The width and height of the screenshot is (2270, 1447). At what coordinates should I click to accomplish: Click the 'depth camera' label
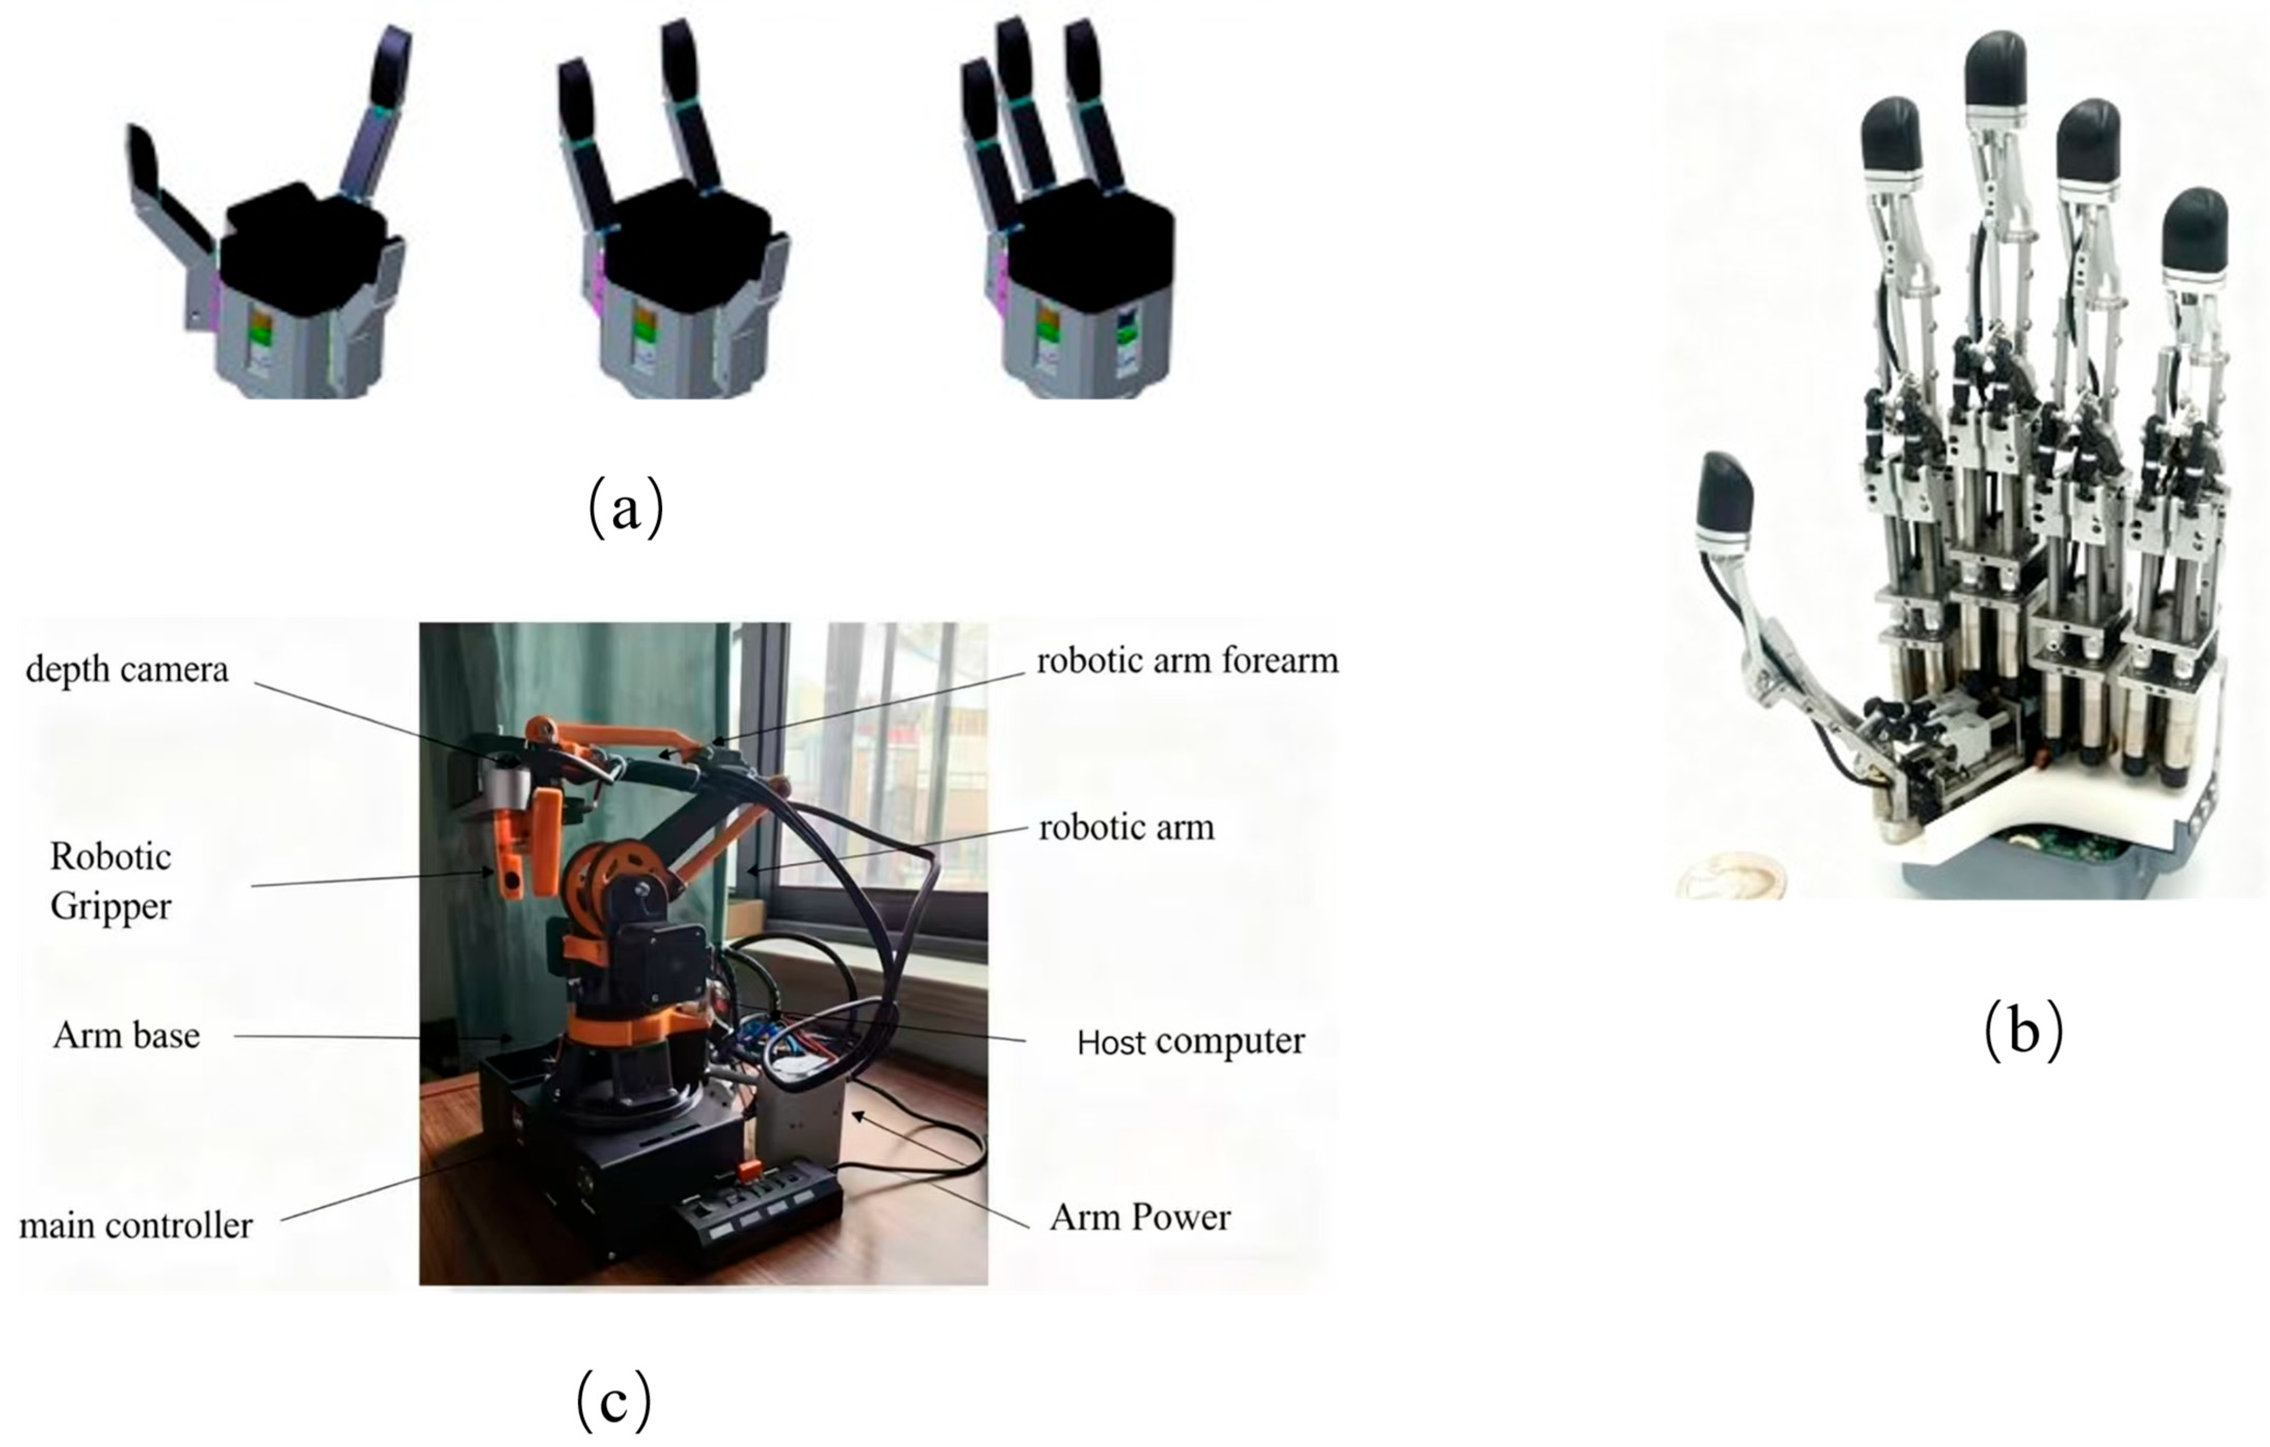click(127, 670)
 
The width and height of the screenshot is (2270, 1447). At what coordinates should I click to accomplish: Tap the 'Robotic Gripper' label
click(111, 881)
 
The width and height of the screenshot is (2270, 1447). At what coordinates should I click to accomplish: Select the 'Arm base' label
click(126, 1035)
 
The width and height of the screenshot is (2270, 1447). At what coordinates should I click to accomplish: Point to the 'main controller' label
click(136, 1226)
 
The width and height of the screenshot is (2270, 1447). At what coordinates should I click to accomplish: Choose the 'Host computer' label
click(1191, 1041)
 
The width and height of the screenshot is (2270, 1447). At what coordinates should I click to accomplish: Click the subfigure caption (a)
click(626, 508)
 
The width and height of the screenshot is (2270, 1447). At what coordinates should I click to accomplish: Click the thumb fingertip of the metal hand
click(1725, 495)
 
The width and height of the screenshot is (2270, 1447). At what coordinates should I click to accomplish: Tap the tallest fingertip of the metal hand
click(1996, 69)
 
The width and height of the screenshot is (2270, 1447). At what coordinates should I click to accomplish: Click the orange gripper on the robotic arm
click(528, 848)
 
